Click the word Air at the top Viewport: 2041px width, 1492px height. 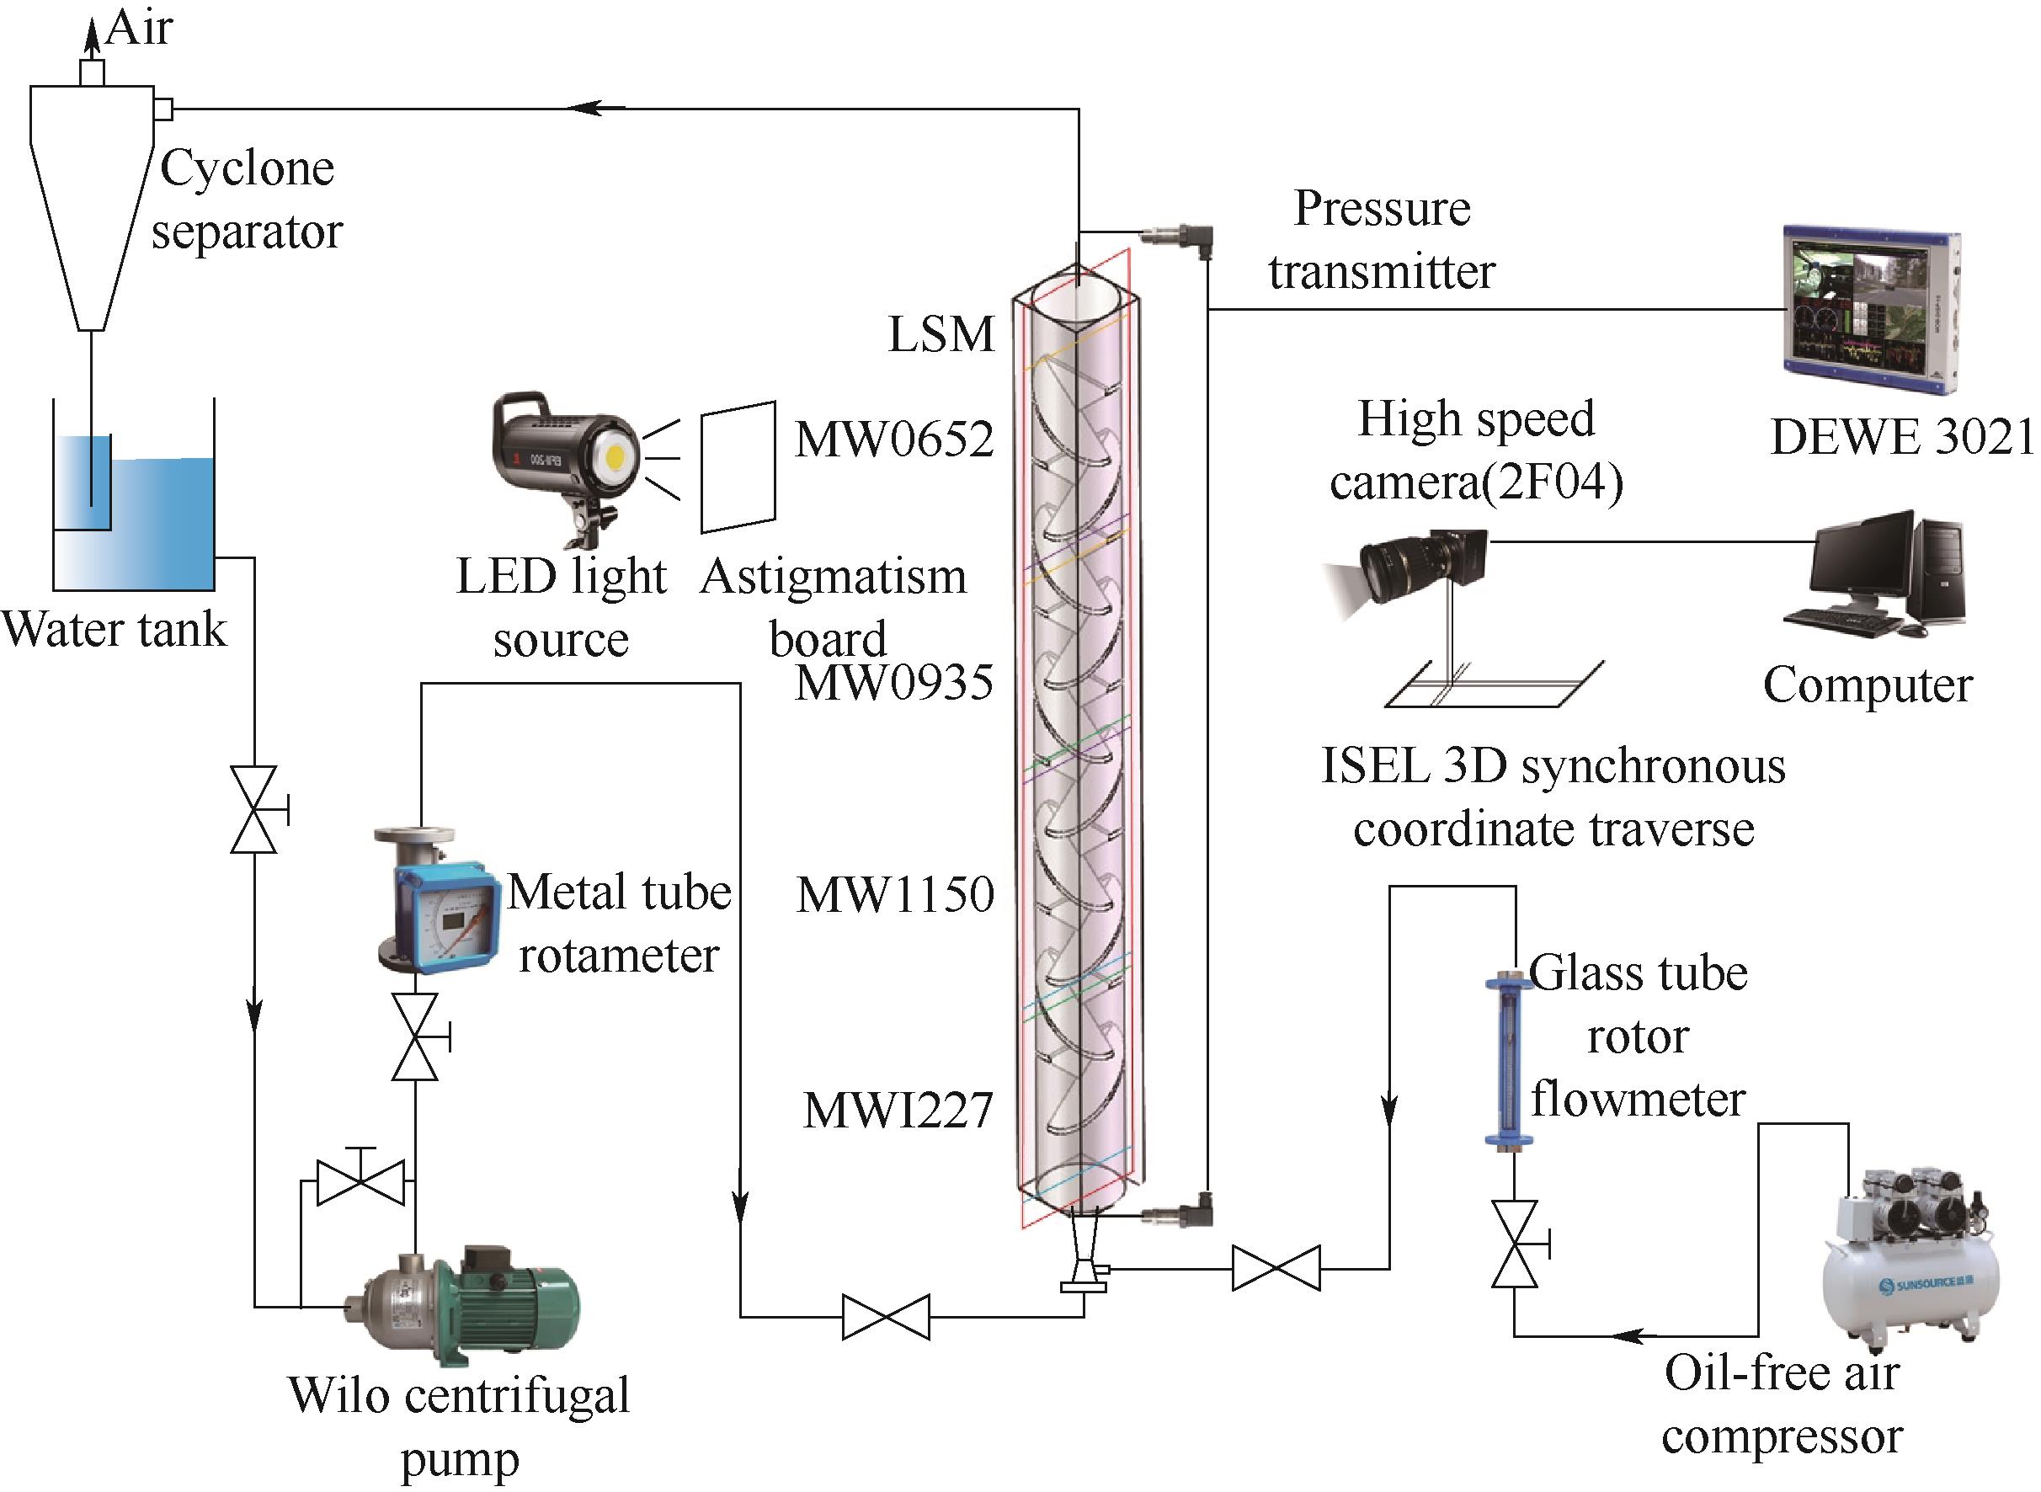[x=139, y=28]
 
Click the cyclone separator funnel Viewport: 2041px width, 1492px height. [x=90, y=199]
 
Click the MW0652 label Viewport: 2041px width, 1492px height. [x=894, y=440]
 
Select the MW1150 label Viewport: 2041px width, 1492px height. [x=895, y=895]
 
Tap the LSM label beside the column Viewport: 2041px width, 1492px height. [x=941, y=335]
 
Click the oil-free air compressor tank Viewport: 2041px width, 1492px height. [x=1910, y=1282]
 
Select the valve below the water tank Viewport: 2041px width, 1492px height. [x=253, y=810]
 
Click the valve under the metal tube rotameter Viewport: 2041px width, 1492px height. [x=415, y=1037]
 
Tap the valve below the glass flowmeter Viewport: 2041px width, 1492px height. [x=1515, y=1244]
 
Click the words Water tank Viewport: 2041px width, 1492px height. [x=115, y=630]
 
